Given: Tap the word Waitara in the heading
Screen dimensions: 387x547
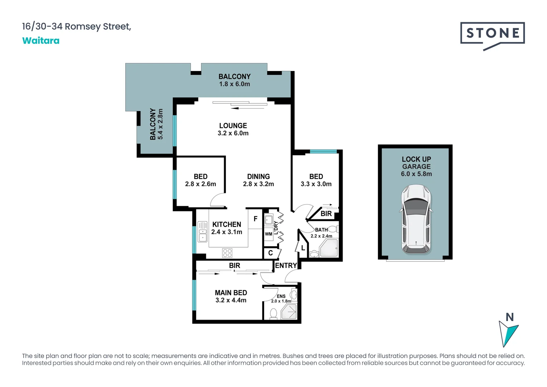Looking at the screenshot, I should [x=41, y=40].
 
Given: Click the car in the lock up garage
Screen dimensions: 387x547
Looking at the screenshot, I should [x=416, y=219].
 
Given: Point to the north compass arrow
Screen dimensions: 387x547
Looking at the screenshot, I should [x=508, y=333].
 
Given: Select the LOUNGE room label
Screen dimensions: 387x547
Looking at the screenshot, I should [x=233, y=126].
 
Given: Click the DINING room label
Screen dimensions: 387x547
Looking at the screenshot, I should [x=258, y=177].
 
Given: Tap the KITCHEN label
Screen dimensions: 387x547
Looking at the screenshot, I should [x=227, y=225].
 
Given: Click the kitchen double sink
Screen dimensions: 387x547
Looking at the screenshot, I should [x=203, y=231].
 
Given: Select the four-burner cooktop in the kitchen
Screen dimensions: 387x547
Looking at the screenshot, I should [x=227, y=253].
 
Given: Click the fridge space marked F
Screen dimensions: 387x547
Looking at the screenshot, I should [x=256, y=219].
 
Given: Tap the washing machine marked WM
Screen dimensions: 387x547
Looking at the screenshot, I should [x=268, y=234].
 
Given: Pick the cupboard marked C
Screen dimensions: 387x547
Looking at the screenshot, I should [x=270, y=253].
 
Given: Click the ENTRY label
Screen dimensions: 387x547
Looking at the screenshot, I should [x=286, y=266].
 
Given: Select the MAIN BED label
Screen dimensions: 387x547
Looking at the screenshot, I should [x=231, y=293].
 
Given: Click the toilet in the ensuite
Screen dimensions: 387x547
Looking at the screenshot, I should [x=273, y=314].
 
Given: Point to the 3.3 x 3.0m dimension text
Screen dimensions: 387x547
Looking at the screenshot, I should [x=316, y=184].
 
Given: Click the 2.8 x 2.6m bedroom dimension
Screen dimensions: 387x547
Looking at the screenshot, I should [x=200, y=184].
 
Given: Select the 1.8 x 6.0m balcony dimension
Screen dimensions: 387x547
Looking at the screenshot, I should [x=234, y=84].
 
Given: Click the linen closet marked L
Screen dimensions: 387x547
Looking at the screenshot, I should [x=303, y=248].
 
